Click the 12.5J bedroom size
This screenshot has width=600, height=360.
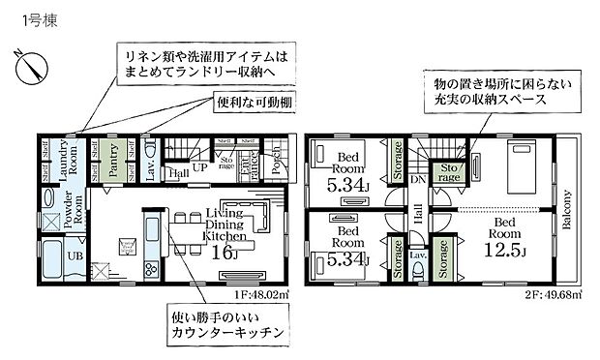pyautogui.click(x=504, y=250)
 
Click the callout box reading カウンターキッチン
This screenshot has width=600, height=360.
pyautogui.click(x=225, y=324)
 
